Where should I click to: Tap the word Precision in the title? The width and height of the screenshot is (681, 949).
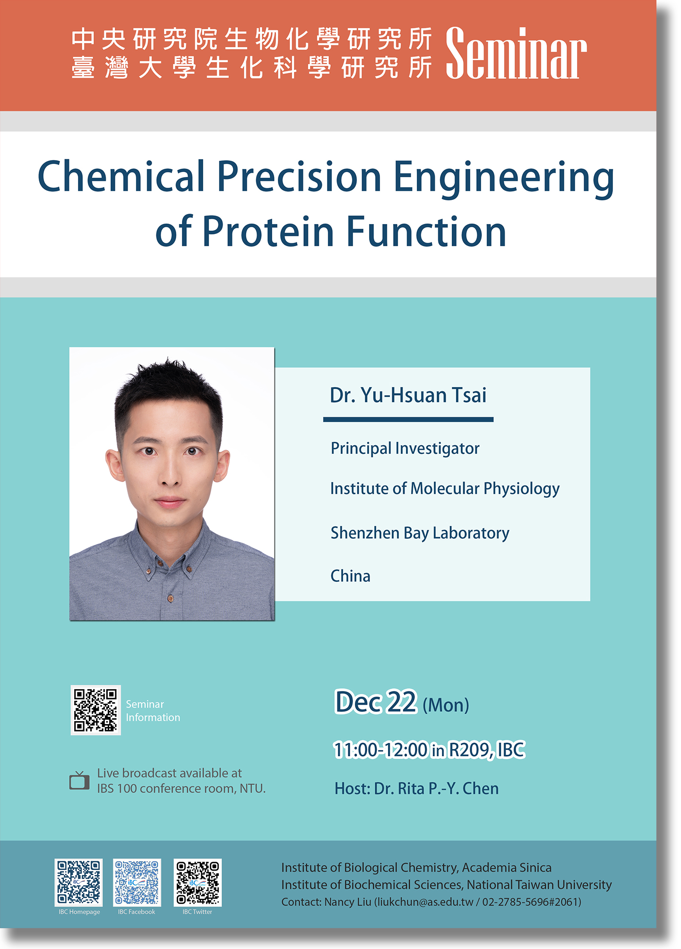click(x=299, y=177)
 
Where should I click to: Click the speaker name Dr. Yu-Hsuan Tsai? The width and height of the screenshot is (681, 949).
click(x=408, y=395)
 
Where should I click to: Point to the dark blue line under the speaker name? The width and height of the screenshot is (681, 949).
click(x=408, y=419)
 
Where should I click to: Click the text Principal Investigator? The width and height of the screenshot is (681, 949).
click(x=405, y=448)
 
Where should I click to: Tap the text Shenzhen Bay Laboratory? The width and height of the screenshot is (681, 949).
click(x=420, y=533)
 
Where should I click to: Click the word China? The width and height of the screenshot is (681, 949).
click(x=350, y=576)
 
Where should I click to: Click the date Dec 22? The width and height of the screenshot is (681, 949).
click(x=376, y=702)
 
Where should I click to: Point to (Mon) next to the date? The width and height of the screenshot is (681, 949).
click(x=446, y=705)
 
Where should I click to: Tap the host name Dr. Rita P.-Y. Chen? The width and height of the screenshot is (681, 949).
click(x=436, y=788)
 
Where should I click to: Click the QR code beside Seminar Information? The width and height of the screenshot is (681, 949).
click(x=95, y=710)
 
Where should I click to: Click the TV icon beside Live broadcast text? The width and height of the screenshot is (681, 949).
click(x=79, y=781)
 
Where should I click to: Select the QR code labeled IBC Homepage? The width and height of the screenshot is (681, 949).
click(x=79, y=882)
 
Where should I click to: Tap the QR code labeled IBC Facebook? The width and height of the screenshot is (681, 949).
click(x=137, y=882)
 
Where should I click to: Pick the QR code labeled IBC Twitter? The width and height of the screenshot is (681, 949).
click(x=198, y=882)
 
